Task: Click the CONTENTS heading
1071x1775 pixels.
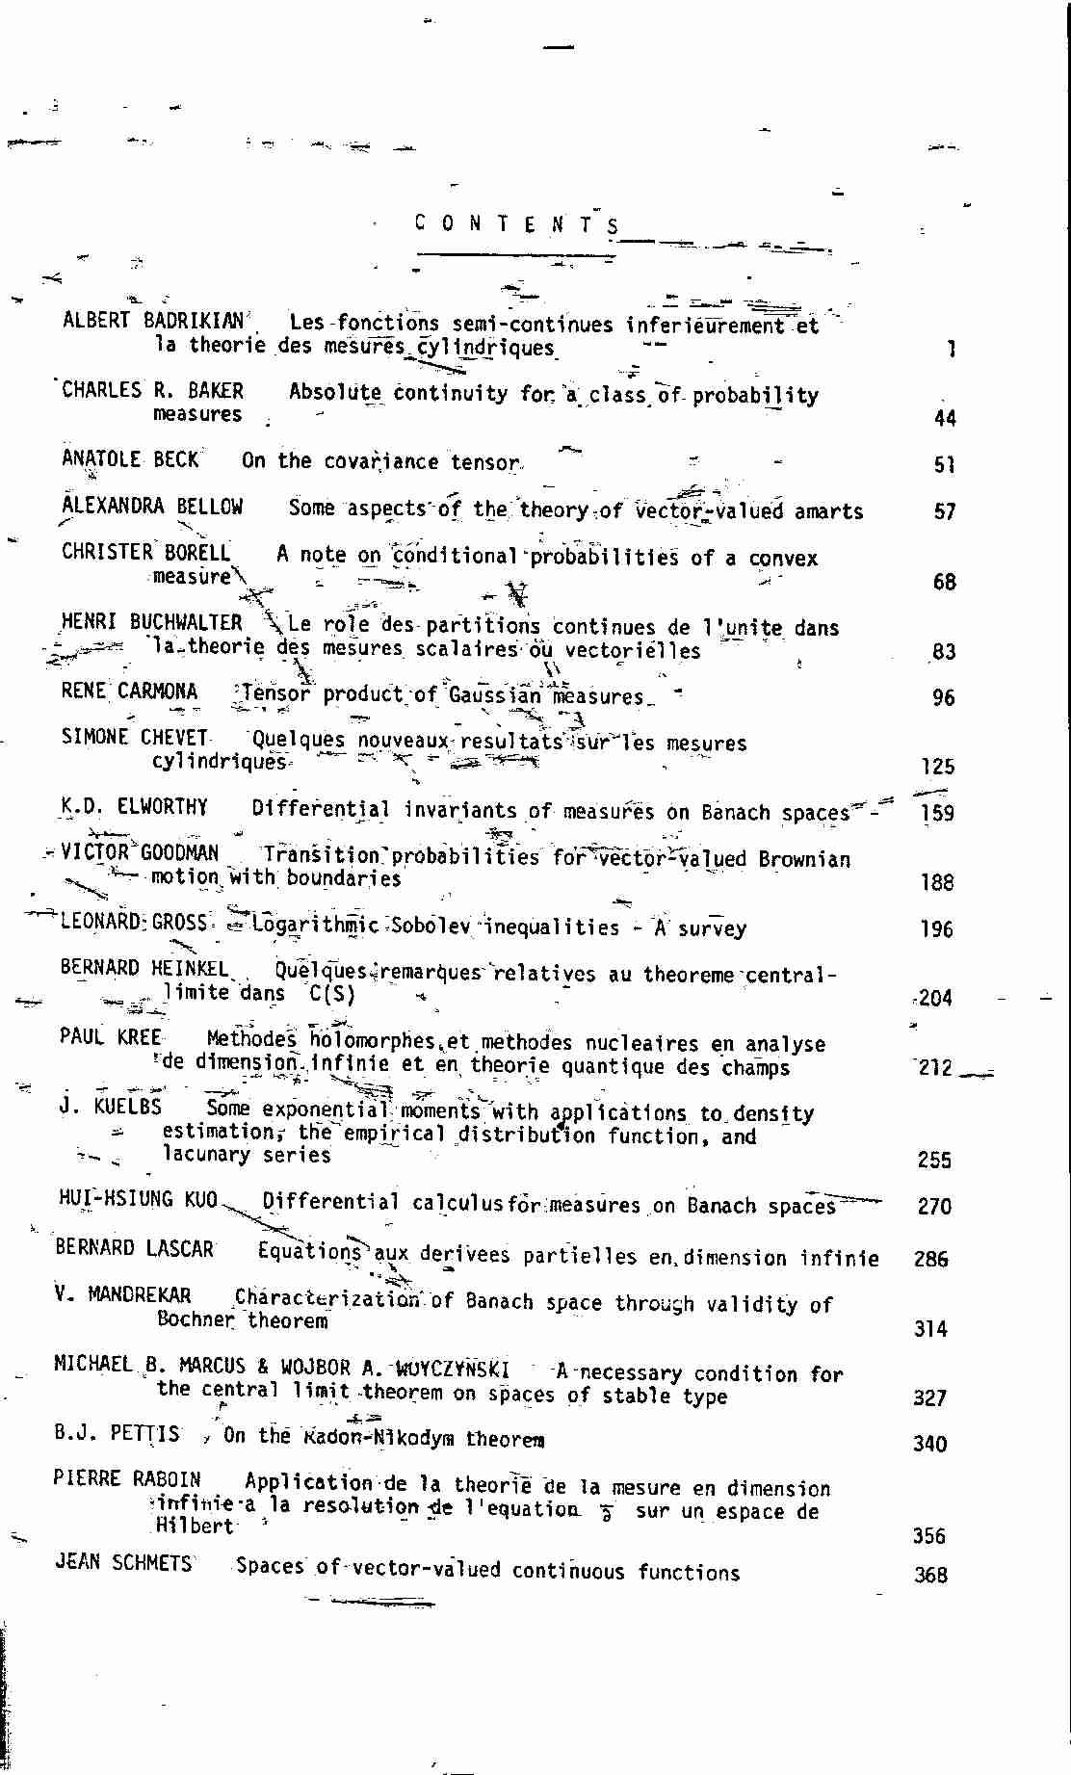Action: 517,224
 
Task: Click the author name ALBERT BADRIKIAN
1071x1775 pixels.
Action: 153,320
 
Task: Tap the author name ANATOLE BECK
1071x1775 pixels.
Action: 130,459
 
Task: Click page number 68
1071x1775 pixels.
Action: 944,582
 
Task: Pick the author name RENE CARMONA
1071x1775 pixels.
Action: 129,692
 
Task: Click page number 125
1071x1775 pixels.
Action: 937,767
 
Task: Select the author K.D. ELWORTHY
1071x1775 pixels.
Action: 134,806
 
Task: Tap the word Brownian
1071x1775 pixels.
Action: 804,858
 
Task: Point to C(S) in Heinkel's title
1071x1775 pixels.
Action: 332,994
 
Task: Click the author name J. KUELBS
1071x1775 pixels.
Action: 110,1107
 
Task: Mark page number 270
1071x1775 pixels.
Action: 934,1206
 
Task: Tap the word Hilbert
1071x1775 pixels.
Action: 195,1526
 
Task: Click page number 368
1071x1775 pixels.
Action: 930,1575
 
